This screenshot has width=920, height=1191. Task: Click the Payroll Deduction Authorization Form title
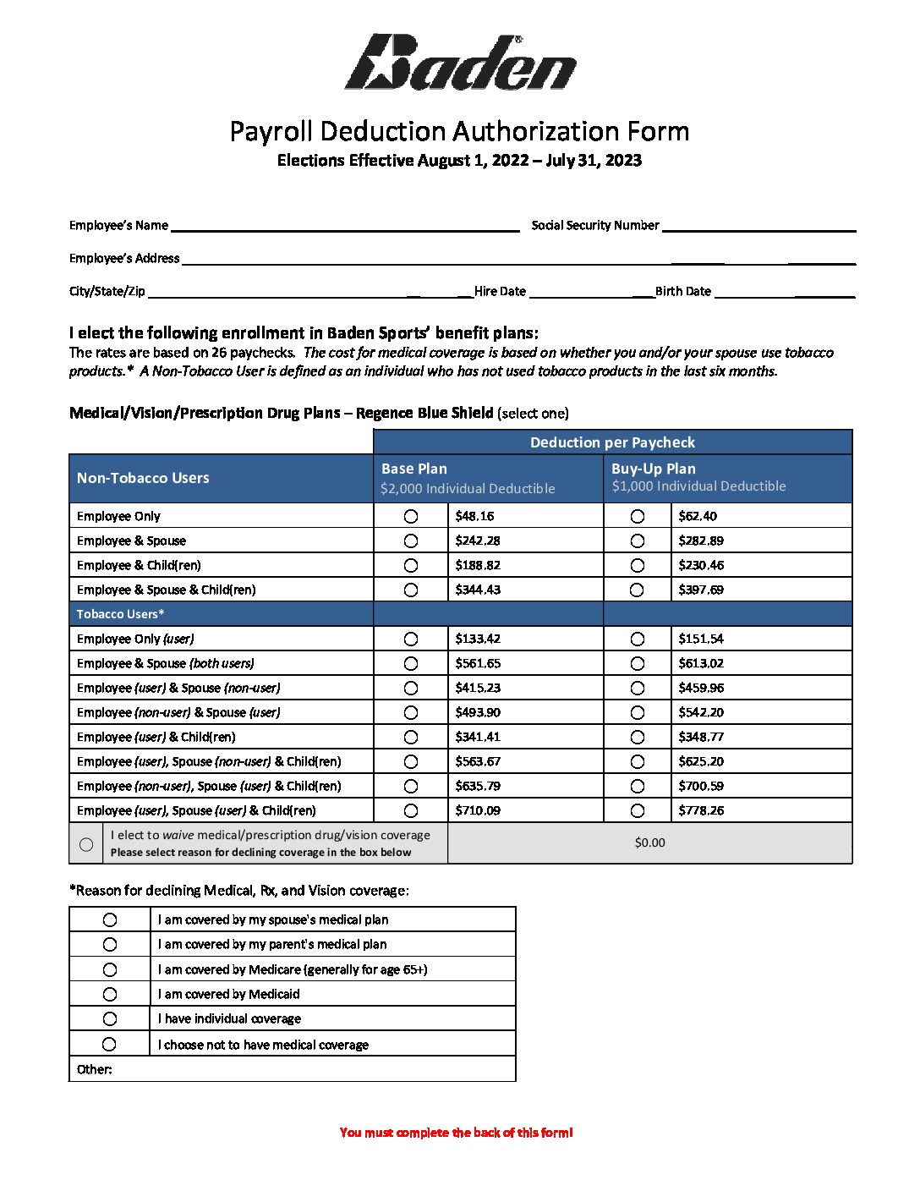pyautogui.click(x=459, y=131)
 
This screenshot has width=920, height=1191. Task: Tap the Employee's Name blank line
pyautogui.click(x=344, y=226)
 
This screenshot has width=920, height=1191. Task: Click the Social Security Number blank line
pyautogui.click(x=758, y=226)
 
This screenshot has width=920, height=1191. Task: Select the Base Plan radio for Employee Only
pyautogui.click(x=411, y=516)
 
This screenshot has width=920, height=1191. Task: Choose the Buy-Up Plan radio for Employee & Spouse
pyautogui.click(x=638, y=541)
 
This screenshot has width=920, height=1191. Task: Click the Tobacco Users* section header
pyautogui.click(x=121, y=614)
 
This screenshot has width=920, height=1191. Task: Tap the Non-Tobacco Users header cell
pyautogui.click(x=143, y=478)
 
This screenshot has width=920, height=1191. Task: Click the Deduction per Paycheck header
pyautogui.click(x=612, y=442)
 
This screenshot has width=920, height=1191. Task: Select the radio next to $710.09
pyautogui.click(x=411, y=810)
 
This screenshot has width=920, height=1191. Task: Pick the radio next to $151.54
pyautogui.click(x=638, y=639)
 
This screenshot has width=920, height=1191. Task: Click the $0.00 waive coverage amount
pyautogui.click(x=649, y=842)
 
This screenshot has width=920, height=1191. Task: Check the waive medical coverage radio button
pyautogui.click(x=86, y=844)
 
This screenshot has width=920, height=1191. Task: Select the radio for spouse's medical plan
pyautogui.click(x=110, y=919)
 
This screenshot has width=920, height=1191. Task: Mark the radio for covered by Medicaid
pyautogui.click(x=110, y=994)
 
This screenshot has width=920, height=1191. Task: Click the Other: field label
pyautogui.click(x=95, y=1069)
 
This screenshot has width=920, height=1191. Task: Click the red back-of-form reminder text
pyautogui.click(x=456, y=1133)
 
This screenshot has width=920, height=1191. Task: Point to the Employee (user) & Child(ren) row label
pyautogui.click(x=156, y=737)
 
